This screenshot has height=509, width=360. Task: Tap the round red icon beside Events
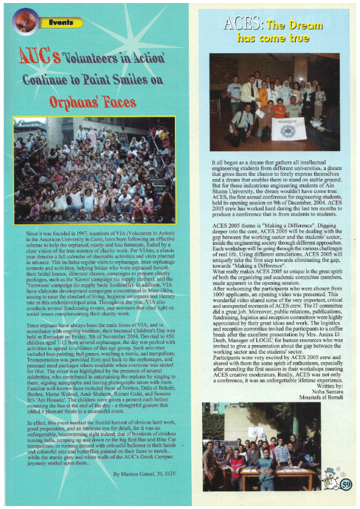tap(27, 23)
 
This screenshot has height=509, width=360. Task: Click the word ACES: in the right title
tap(243, 25)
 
